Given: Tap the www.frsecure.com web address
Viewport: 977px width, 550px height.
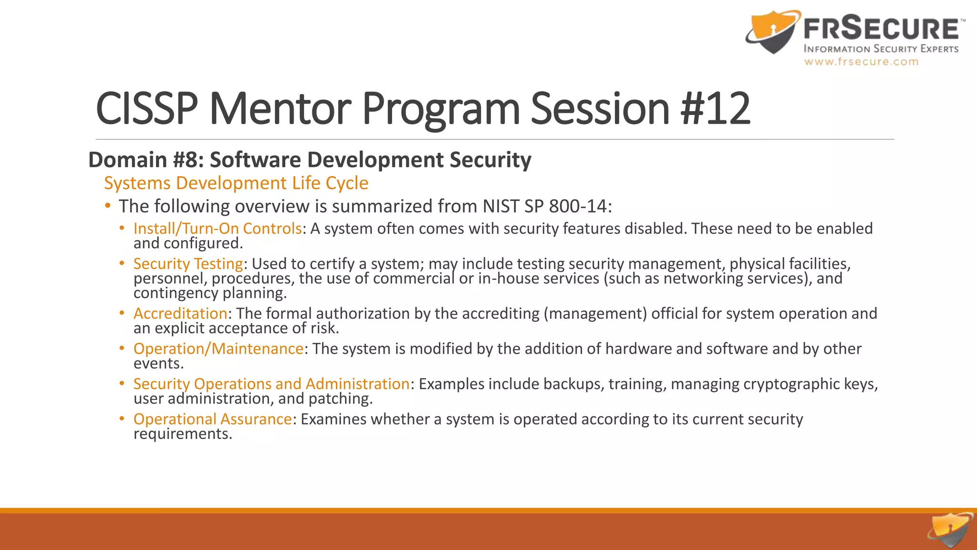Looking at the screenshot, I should pos(861,62).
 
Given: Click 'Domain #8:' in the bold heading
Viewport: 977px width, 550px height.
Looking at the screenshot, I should pos(146,160).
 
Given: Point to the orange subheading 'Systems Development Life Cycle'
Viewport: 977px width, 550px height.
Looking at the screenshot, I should pos(236,183).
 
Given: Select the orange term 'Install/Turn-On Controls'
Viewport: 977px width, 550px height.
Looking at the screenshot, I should pos(218,229).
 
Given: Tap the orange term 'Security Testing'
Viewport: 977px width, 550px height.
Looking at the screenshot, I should pos(188,264).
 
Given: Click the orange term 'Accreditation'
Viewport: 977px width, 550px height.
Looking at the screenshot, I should pos(180,314).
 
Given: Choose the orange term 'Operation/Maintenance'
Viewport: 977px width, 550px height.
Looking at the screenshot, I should pos(218,349).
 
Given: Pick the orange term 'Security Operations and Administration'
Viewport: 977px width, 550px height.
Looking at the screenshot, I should pos(271,384).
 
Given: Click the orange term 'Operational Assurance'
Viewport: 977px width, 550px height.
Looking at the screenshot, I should pos(212,419).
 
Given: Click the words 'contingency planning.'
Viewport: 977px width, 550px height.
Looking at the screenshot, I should pos(210,293).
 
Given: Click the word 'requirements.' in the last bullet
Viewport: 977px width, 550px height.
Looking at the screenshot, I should pos(183,434).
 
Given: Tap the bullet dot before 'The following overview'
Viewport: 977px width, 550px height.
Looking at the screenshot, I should pos(108,206).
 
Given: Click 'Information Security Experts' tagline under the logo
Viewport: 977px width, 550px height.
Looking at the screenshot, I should pos(881,49).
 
